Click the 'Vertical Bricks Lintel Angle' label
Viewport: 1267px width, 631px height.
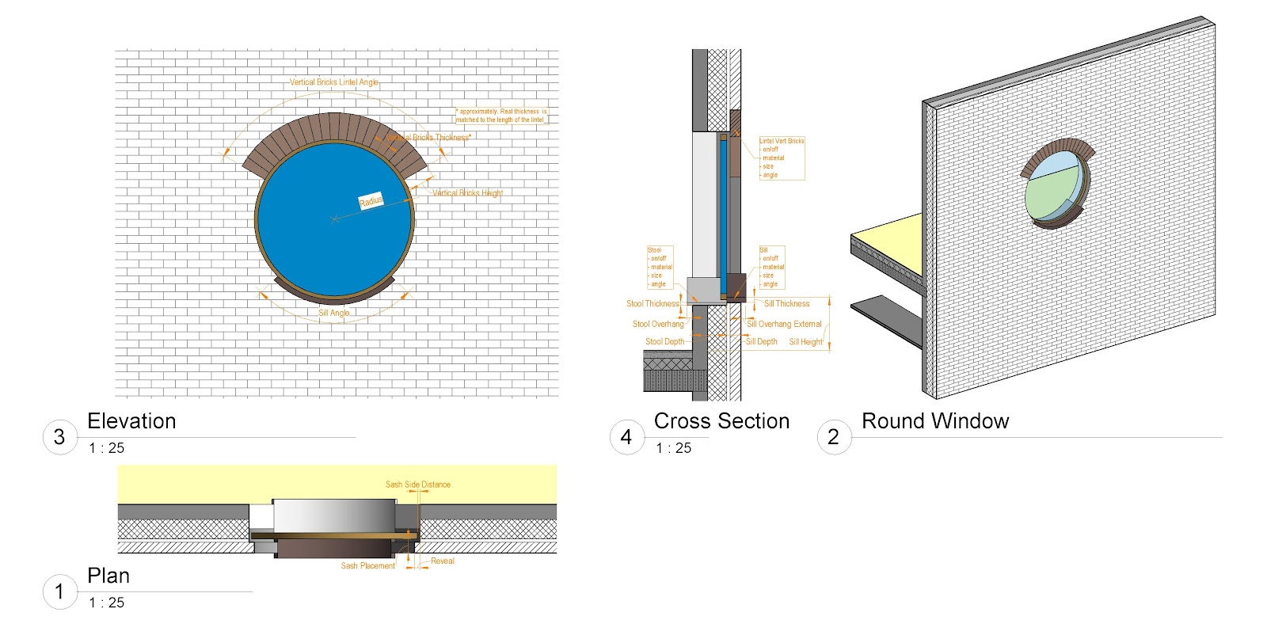click(x=333, y=82)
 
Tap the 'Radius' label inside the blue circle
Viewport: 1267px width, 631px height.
click(x=371, y=200)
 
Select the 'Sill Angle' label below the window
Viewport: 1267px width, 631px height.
click(x=333, y=313)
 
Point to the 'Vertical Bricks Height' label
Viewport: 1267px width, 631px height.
click(x=467, y=192)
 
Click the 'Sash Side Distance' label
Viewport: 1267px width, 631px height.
click(x=417, y=485)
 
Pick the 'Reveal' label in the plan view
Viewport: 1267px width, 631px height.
click(x=442, y=561)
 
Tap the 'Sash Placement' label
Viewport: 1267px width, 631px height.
click(x=367, y=565)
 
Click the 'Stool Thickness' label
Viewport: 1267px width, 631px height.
click(x=653, y=303)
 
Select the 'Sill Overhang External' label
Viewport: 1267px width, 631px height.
click(x=784, y=324)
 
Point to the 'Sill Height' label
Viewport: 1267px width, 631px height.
click(x=805, y=342)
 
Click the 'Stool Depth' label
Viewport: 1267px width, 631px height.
click(x=664, y=342)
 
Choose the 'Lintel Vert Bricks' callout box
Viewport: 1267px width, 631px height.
click(x=782, y=158)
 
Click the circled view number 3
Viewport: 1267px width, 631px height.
click(x=59, y=436)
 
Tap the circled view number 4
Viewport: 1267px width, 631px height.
click(x=626, y=436)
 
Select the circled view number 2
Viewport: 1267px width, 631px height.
click(x=833, y=436)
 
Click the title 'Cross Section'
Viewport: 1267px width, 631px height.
click(x=721, y=421)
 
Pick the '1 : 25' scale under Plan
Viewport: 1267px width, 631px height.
click(x=107, y=602)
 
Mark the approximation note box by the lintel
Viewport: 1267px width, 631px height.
click(x=501, y=116)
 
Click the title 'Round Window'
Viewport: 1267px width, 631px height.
click(x=934, y=421)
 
